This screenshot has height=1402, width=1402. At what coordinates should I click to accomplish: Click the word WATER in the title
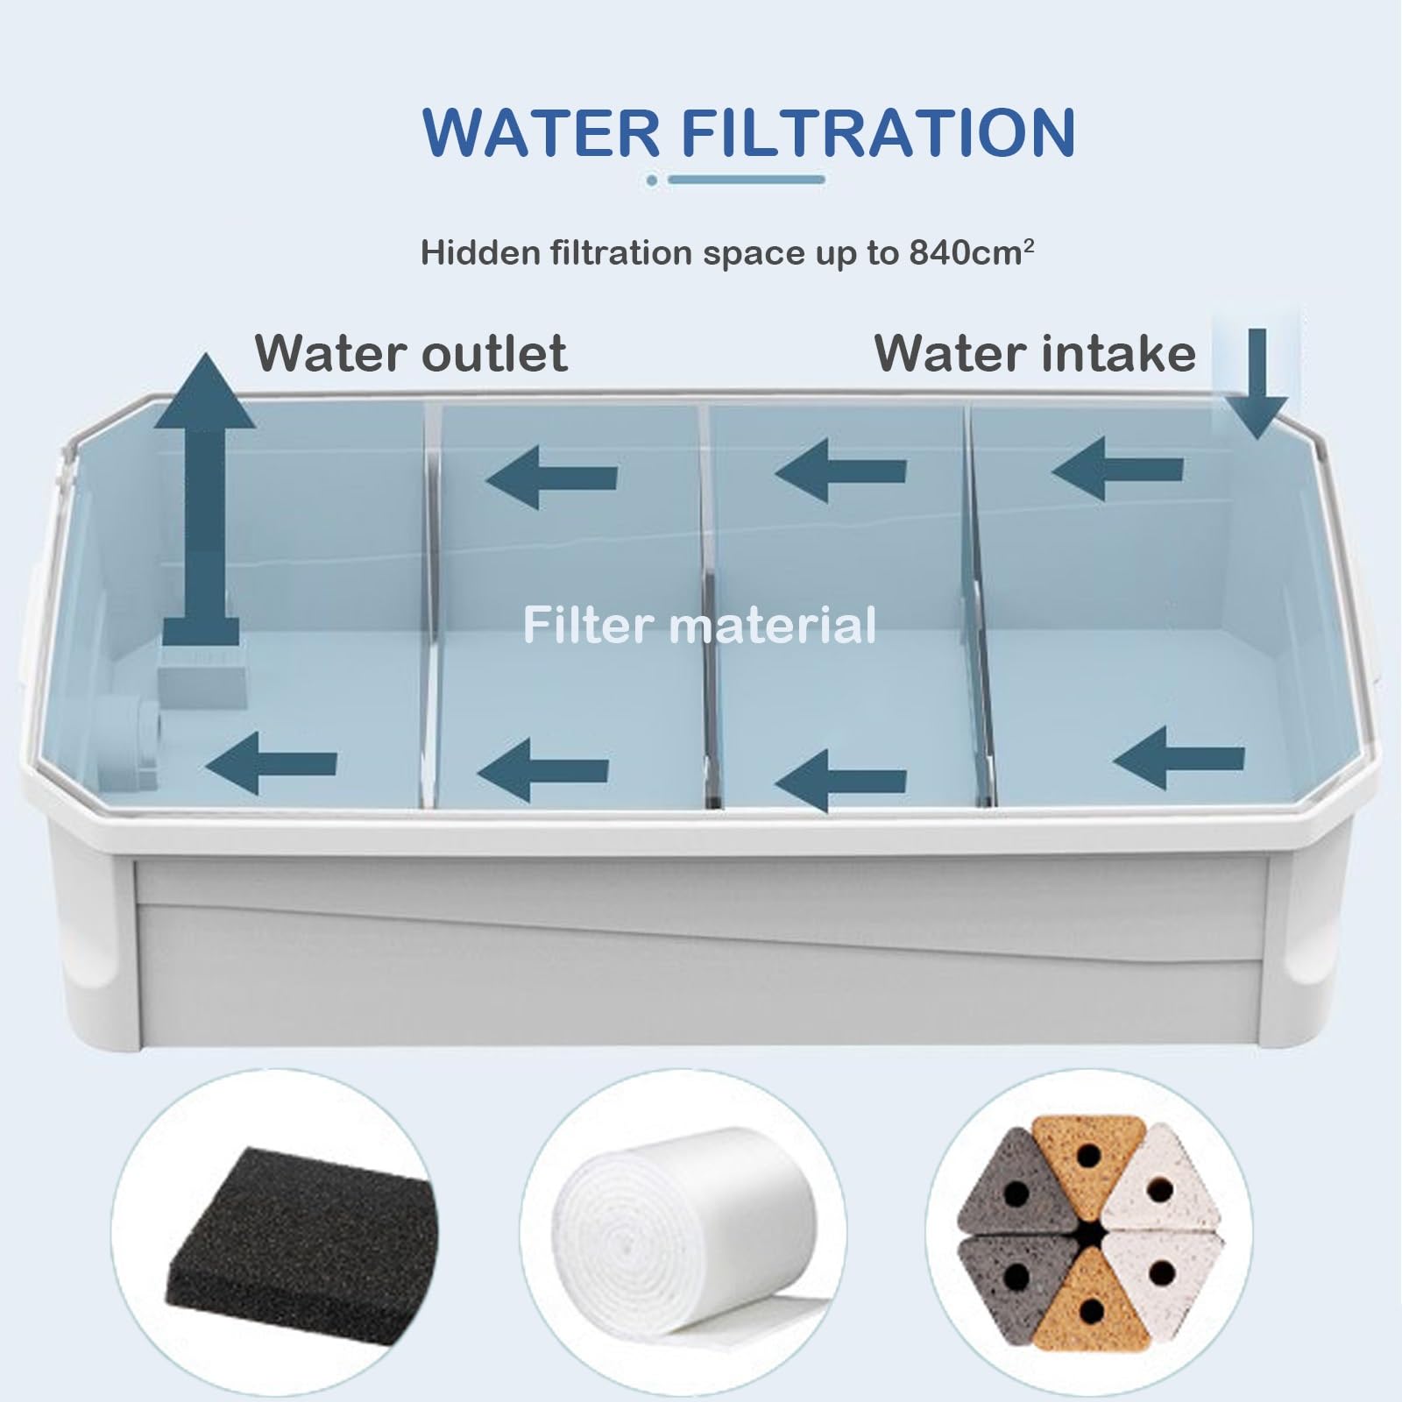coord(542,132)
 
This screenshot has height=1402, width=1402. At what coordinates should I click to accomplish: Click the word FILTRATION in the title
coord(878,132)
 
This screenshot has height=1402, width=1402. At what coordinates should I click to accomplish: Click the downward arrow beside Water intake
coord(1257,384)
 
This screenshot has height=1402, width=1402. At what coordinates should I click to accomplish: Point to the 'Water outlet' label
coord(411,353)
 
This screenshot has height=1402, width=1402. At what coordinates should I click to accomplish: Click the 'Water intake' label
coord(1035,353)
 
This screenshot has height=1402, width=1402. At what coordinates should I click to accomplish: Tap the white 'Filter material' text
coord(699,626)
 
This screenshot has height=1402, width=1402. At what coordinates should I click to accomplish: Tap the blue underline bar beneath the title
coord(747,180)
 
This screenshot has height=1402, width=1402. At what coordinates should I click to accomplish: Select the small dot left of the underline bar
coord(652,180)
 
